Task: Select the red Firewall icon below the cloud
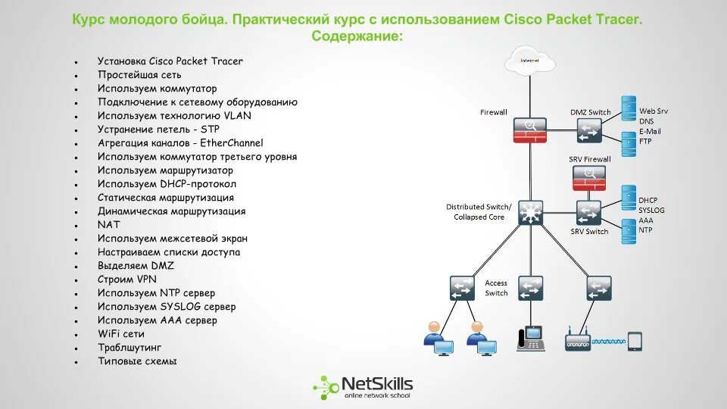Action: point(529,130)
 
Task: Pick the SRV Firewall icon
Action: point(589,178)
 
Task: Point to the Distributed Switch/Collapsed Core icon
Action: point(530,211)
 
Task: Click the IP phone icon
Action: point(530,338)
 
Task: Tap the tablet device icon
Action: point(635,342)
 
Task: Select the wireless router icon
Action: point(578,342)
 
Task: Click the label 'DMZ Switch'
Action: point(590,112)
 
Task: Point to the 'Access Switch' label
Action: point(496,288)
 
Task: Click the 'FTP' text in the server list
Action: point(645,141)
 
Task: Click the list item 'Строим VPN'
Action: point(126,279)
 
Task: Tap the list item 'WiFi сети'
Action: point(120,334)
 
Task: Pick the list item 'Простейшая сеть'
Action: point(139,75)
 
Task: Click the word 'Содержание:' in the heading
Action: point(357,36)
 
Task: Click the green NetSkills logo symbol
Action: point(326,386)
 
